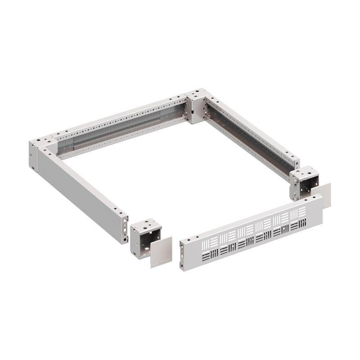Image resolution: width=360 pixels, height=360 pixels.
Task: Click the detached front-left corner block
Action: click(x=145, y=238)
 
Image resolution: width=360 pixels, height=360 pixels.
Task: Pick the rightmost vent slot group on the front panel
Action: click(x=299, y=218)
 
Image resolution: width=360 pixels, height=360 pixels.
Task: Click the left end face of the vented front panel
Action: click(x=182, y=256)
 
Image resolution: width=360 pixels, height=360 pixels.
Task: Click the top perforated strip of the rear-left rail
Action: click(x=121, y=114)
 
